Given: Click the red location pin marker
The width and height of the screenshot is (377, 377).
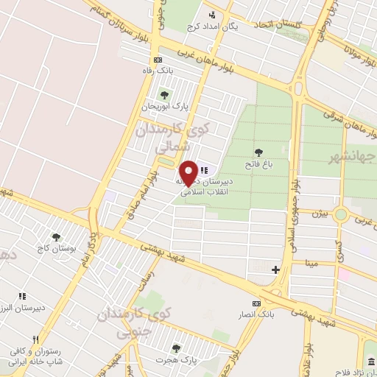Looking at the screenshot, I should [x=189, y=172].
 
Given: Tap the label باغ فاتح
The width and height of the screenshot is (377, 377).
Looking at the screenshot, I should [x=259, y=166].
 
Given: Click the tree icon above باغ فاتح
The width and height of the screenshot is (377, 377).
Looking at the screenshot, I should [x=258, y=152].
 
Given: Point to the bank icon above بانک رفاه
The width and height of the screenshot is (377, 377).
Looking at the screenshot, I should [x=157, y=60].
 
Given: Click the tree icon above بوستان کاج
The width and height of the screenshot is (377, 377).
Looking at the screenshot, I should [x=56, y=237].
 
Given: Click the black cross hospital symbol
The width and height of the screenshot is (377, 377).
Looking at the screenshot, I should [x=275, y=270].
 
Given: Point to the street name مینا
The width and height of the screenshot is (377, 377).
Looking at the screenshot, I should [x=312, y=262].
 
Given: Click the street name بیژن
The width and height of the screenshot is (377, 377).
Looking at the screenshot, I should [x=317, y=214].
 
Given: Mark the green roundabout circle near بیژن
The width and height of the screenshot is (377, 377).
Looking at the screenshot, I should [x=341, y=214].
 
